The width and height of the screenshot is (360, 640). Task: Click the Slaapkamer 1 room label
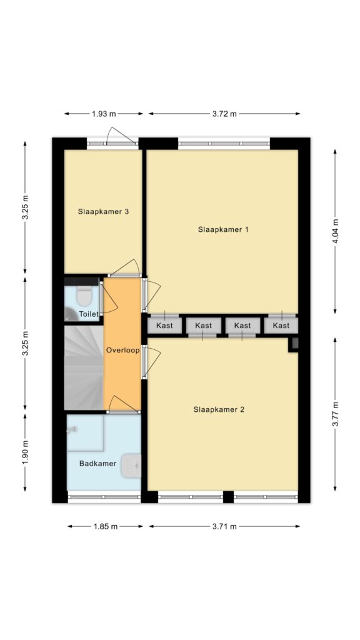click(x=223, y=229)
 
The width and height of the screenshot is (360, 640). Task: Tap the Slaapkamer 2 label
click(x=219, y=409)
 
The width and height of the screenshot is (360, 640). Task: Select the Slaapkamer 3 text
click(x=104, y=211)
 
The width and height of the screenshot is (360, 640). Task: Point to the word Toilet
click(x=89, y=314)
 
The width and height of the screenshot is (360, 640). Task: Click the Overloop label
click(x=123, y=350)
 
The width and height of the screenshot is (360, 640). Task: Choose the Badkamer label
click(x=98, y=463)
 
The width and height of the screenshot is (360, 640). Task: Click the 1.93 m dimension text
click(x=104, y=114)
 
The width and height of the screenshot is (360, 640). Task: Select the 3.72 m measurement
click(x=224, y=114)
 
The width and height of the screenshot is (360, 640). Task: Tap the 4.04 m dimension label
click(x=336, y=231)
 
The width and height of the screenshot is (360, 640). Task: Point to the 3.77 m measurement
click(x=336, y=414)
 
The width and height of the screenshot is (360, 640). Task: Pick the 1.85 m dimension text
click(x=105, y=526)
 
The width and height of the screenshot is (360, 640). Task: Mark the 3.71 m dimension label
click(x=224, y=526)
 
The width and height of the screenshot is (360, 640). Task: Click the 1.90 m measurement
click(x=25, y=453)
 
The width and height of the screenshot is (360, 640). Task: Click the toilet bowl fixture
click(x=84, y=296)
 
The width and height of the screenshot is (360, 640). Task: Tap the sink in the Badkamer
click(x=131, y=466)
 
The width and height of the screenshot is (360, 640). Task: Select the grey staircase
click(x=84, y=367)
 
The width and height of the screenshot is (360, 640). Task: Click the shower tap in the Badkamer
click(x=72, y=429)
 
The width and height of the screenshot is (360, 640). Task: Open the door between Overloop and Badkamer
click(x=123, y=405)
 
